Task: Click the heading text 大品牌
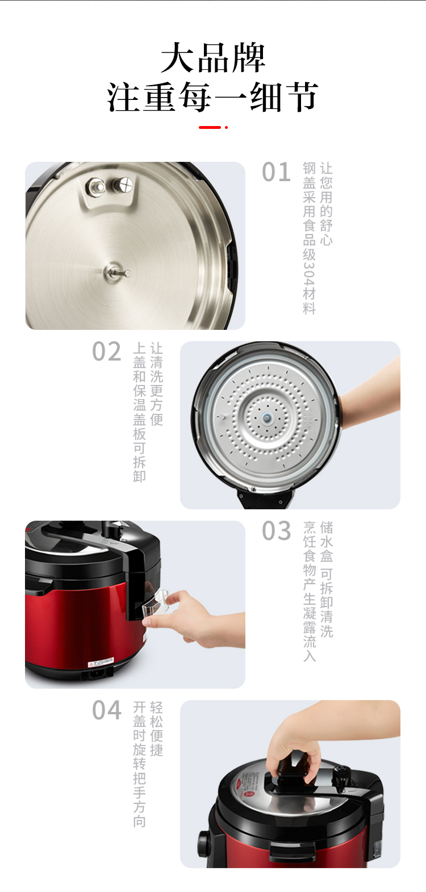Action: tap(213, 58)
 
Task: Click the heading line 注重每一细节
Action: tap(213, 97)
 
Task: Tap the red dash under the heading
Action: tap(210, 127)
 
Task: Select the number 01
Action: tap(276, 173)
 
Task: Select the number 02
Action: tap(106, 351)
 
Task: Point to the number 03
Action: tap(276, 531)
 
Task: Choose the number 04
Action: tap(106, 710)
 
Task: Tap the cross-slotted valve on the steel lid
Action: tap(123, 185)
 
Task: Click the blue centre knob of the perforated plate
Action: tap(266, 418)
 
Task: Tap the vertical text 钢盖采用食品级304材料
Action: tap(309, 238)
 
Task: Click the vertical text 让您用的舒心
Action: tap(326, 203)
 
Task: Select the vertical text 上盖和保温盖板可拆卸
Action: tap(140, 412)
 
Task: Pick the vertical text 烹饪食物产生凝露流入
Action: tap(309, 591)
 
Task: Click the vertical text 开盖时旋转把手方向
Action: tap(140, 764)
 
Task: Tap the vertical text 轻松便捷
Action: tap(156, 728)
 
